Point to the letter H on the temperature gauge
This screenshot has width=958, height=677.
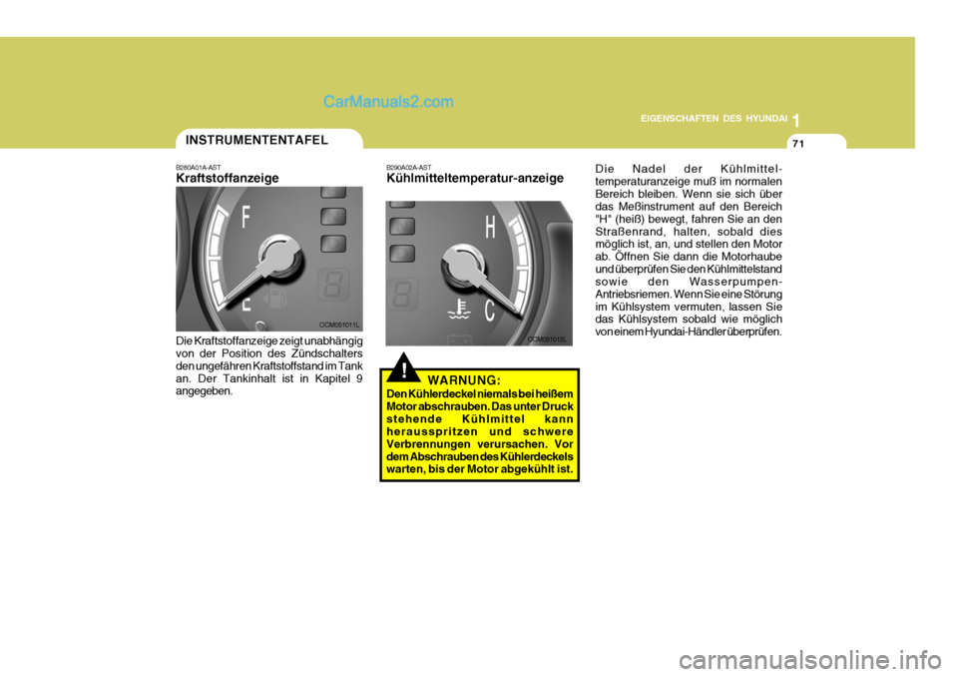(491, 228)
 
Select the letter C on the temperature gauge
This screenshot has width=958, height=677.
(491, 312)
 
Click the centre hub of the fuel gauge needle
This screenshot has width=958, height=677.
(271, 252)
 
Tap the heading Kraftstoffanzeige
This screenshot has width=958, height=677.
(228, 178)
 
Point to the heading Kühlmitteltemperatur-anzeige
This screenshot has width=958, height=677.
(474, 178)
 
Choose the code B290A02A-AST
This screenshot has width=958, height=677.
(409, 167)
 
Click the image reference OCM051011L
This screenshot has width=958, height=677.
(339, 325)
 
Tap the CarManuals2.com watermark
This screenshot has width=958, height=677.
(388, 101)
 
